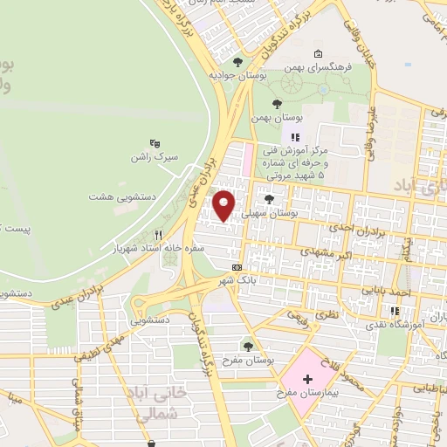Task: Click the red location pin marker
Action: pyautogui.click(x=224, y=206)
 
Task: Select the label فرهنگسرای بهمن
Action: pyautogui.click(x=345, y=65)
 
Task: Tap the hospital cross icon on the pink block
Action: pyautogui.click(x=307, y=379)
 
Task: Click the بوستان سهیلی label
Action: pyautogui.click(x=288, y=212)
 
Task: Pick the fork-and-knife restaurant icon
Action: pyautogui.click(x=158, y=234)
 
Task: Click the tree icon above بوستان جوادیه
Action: pyautogui.click(x=237, y=60)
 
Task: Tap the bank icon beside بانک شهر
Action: pyautogui.click(x=237, y=267)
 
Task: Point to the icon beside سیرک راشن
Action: pyautogui.click(x=155, y=143)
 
